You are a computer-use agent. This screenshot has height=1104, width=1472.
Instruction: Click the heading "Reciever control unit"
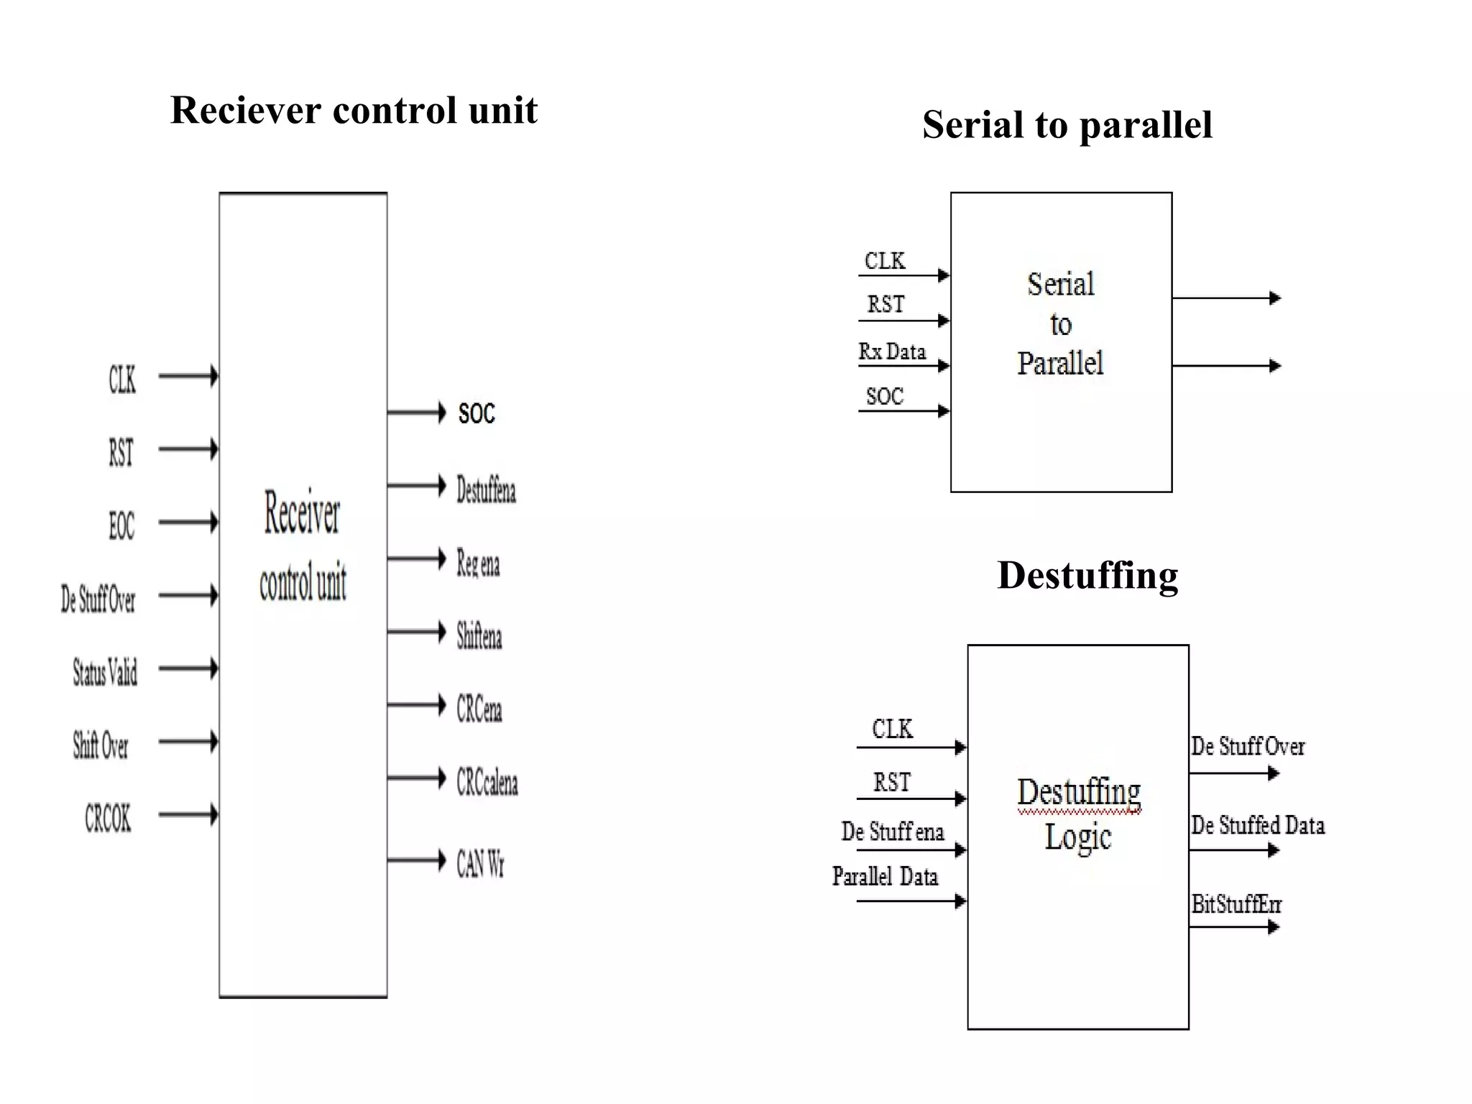(x=354, y=111)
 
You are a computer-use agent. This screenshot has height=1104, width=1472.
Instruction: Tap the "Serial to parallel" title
(x=1067, y=125)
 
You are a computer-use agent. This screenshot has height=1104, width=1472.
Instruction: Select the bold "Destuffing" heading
(x=1087, y=575)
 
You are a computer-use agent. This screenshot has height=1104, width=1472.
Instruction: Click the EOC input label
(x=121, y=525)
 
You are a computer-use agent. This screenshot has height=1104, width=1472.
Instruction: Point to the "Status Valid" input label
(x=105, y=672)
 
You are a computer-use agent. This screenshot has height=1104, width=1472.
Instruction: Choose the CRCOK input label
(x=108, y=818)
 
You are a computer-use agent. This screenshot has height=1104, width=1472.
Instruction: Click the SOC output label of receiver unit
(x=477, y=413)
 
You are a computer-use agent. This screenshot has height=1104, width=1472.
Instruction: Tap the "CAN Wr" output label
(x=480, y=863)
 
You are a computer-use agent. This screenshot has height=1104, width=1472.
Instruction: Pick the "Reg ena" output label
(x=478, y=563)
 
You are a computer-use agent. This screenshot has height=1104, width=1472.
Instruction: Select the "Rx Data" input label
(x=892, y=351)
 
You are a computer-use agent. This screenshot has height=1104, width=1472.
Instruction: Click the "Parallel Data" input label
(x=885, y=876)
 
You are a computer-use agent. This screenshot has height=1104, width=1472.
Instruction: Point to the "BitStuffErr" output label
(x=1236, y=903)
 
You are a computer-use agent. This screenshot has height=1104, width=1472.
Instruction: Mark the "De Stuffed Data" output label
(x=1257, y=825)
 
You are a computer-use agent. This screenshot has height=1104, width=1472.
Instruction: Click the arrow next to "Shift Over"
(x=188, y=741)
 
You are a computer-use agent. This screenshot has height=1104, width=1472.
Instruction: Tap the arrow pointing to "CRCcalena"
(x=416, y=778)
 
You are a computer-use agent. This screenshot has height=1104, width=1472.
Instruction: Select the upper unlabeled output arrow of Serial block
(x=1226, y=298)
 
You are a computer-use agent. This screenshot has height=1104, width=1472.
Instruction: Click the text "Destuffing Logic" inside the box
(x=1078, y=814)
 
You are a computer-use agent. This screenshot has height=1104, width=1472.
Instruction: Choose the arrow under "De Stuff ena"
(x=911, y=850)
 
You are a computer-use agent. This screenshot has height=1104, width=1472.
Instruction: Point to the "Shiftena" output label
(x=479, y=637)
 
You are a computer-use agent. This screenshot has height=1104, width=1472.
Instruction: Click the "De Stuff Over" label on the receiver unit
(x=98, y=599)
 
